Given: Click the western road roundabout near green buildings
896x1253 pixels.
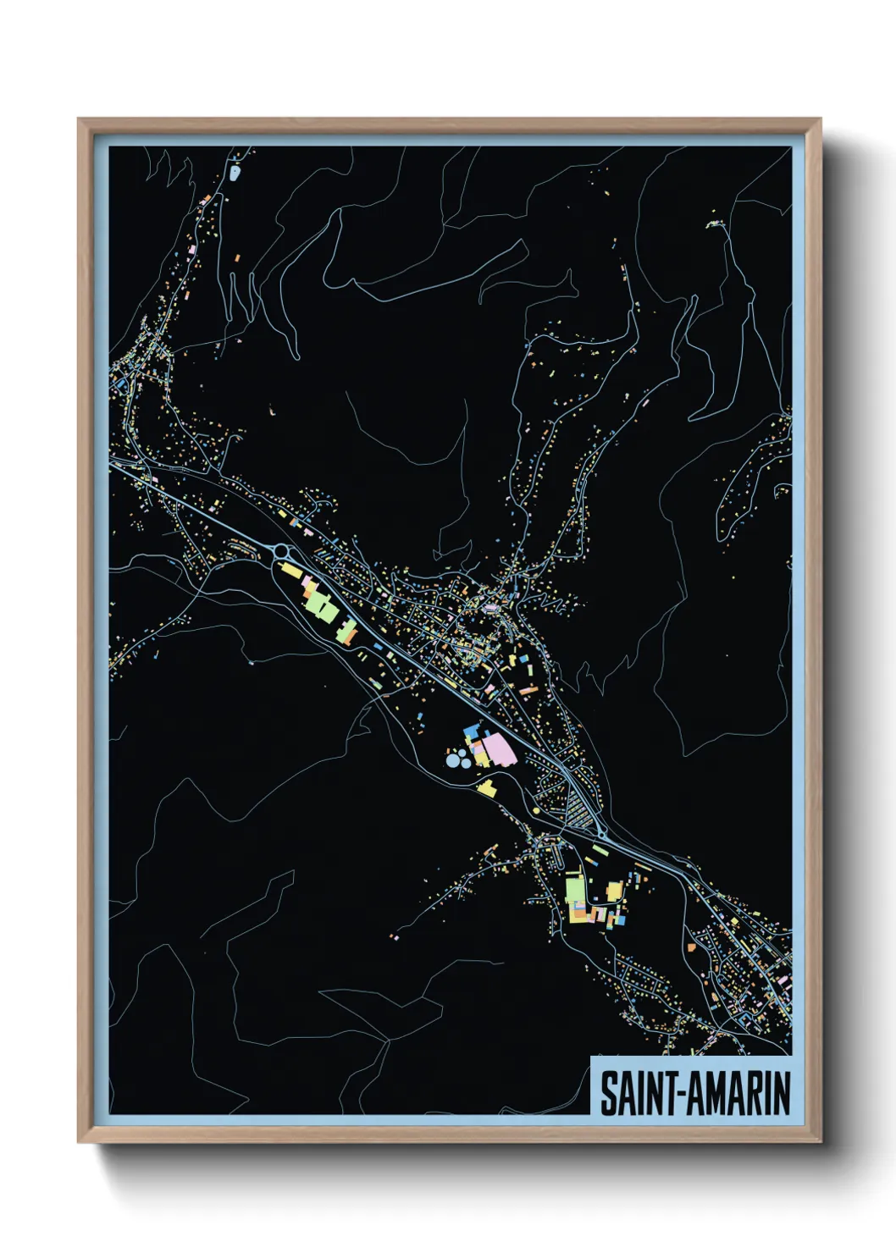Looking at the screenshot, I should point(282,552).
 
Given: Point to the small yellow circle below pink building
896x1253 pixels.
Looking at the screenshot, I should point(536,811).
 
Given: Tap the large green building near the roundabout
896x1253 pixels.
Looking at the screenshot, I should point(320,604).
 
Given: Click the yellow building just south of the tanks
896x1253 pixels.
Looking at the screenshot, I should point(486,788).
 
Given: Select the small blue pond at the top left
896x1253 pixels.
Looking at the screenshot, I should point(235,174).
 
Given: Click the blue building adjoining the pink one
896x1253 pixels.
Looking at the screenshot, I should point(470,730).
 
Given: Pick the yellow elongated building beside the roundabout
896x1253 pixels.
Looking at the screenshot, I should point(290,572).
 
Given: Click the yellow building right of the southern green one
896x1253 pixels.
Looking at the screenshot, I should point(614,891).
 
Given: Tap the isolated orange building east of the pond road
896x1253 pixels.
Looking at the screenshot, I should point(237,256).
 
